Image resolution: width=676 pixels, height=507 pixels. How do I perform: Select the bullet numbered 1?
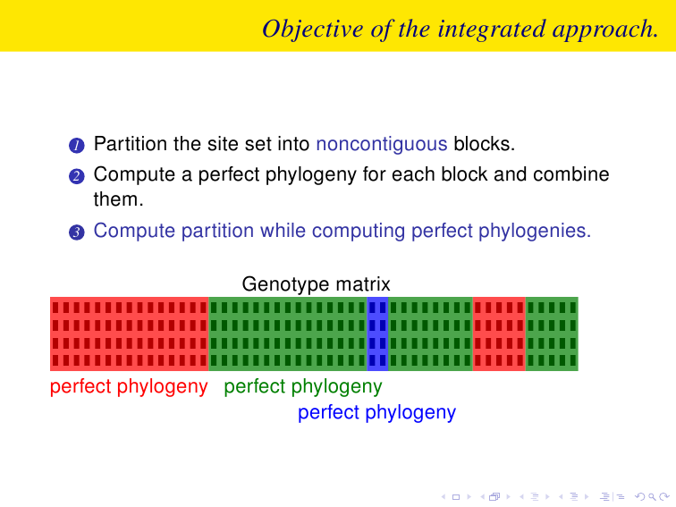[x=77, y=145]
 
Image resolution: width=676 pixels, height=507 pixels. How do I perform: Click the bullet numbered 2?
[x=77, y=176]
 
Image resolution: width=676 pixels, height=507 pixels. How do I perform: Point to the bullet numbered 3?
[x=77, y=232]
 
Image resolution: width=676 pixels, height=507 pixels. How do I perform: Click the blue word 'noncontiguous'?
[x=382, y=144]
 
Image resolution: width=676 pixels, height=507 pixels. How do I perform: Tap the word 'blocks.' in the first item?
[x=484, y=144]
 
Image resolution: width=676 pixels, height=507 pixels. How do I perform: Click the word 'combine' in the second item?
[x=571, y=174]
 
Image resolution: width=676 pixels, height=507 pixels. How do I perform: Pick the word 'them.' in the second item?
[x=119, y=199]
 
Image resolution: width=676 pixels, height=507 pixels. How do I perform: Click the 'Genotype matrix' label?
[x=316, y=284]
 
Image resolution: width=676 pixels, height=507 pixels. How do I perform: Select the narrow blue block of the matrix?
[x=377, y=334]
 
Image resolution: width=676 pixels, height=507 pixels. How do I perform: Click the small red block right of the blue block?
[x=499, y=334]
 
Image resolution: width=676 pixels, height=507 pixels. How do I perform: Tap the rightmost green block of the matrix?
[x=552, y=334]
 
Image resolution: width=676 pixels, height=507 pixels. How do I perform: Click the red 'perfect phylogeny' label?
[x=129, y=386]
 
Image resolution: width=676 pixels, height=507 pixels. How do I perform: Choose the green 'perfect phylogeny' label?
[x=303, y=386]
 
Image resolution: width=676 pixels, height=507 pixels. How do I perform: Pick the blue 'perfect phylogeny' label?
[x=376, y=412]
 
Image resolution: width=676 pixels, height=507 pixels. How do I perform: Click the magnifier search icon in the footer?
[x=652, y=497]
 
